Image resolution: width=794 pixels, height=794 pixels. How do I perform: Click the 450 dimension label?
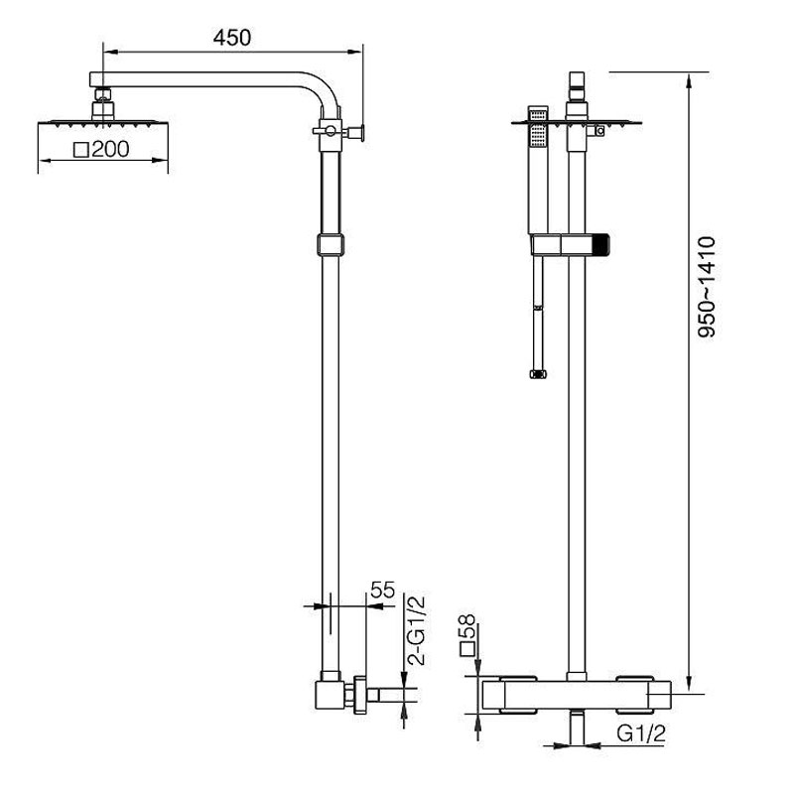tap(232, 38)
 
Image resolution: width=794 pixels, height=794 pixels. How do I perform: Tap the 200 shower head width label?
tap(110, 150)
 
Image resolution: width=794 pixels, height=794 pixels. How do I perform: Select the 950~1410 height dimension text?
tap(707, 287)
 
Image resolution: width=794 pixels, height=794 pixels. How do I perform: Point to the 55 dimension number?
tap(382, 590)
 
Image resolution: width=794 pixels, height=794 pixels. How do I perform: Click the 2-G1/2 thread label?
tap(416, 630)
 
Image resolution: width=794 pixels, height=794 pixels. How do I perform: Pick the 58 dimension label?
tap(466, 627)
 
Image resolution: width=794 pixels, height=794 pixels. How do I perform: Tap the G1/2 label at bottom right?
tap(640, 732)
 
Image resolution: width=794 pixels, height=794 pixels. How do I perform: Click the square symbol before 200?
tap(81, 151)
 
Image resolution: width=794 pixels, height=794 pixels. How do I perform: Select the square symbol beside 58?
tap(466, 649)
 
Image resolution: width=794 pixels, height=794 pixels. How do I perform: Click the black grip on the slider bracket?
tap(601, 244)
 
